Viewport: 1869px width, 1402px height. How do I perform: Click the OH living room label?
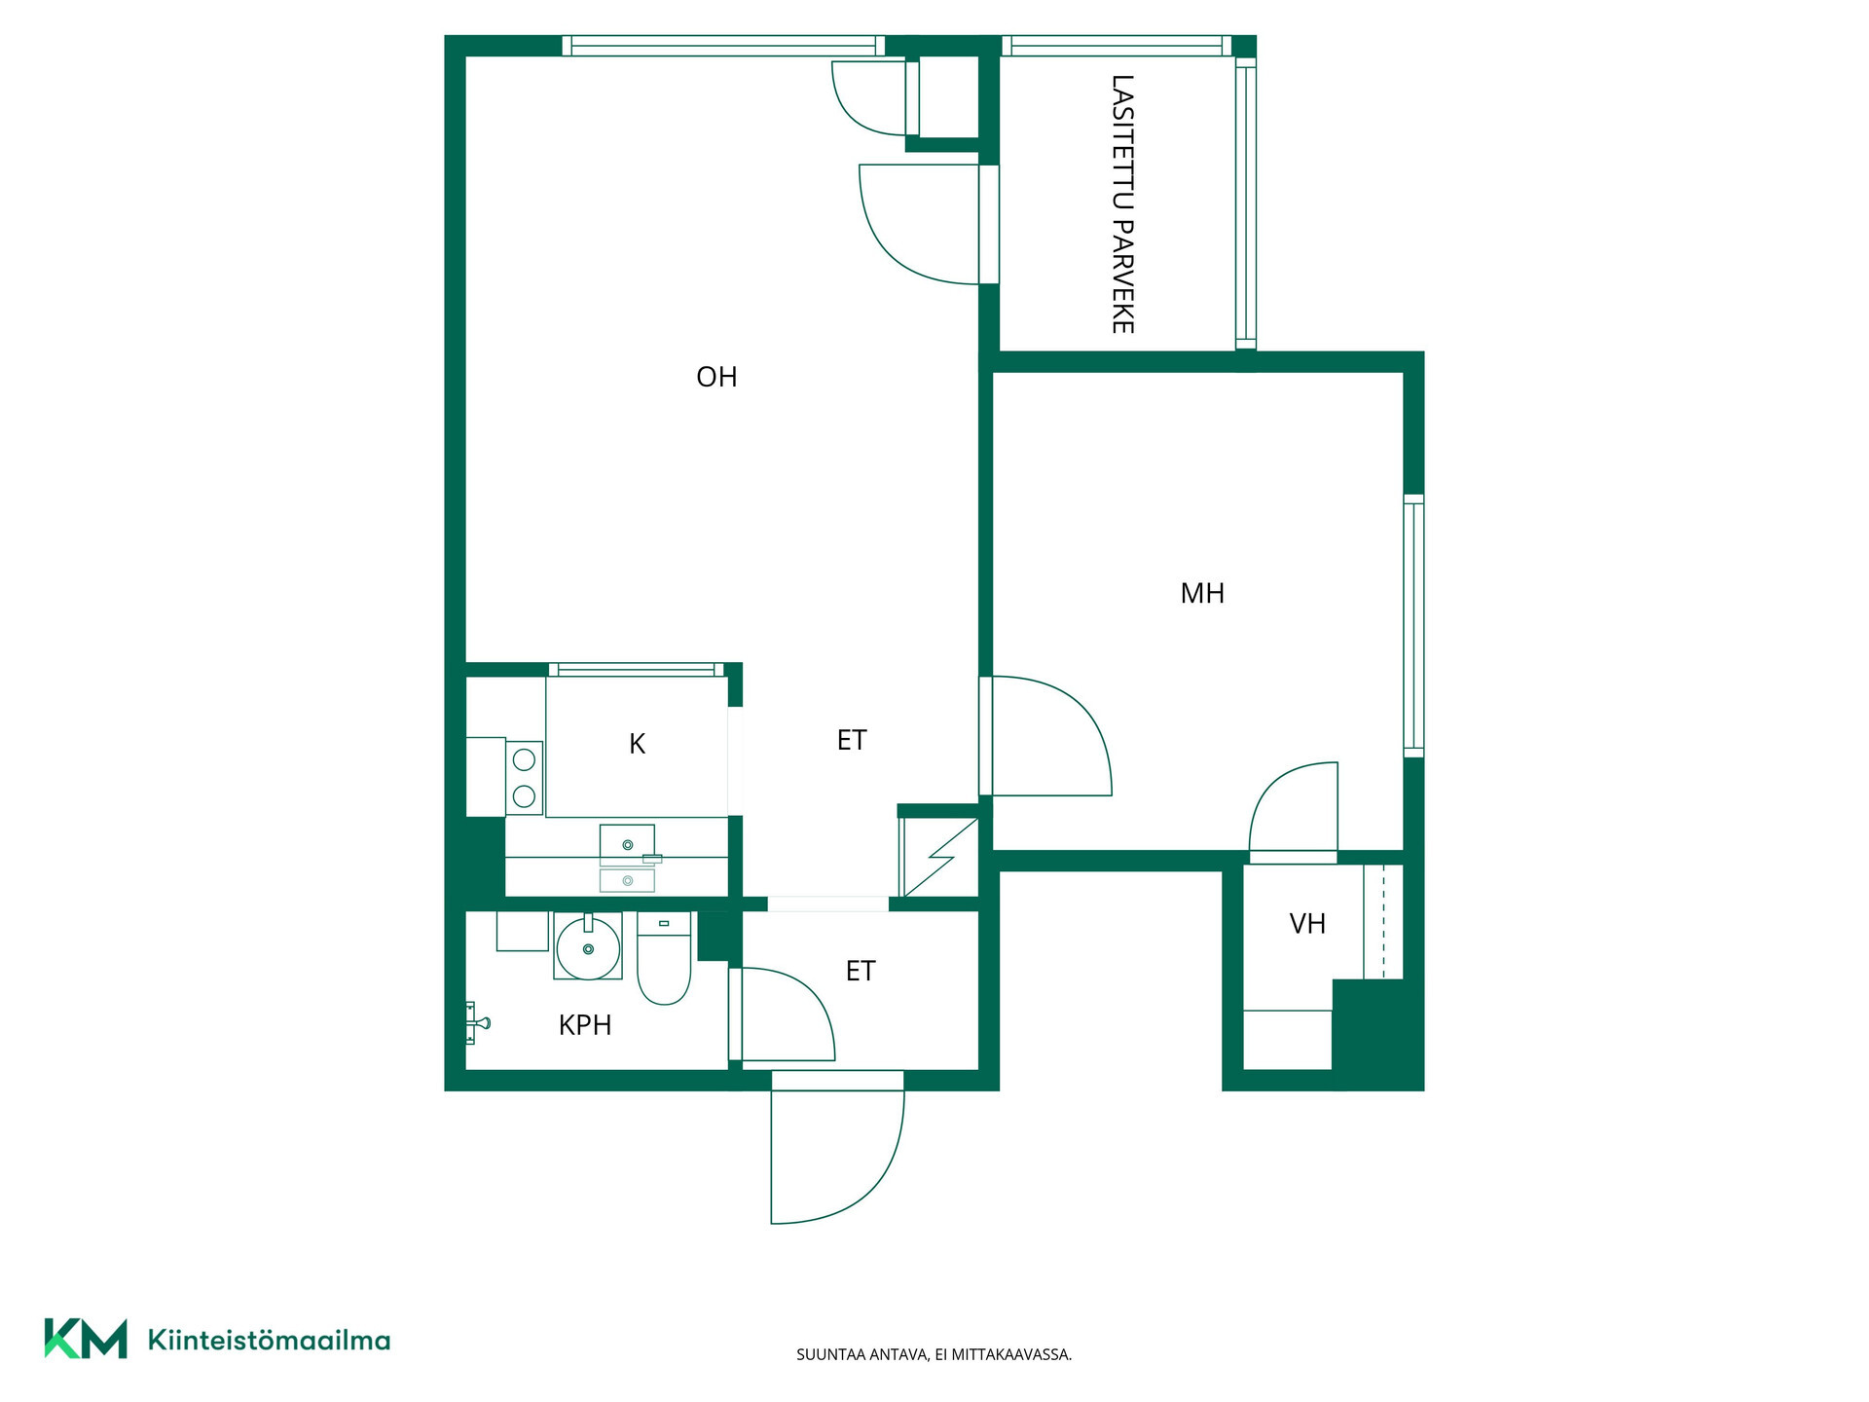716,377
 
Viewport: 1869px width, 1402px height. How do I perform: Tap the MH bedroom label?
1202,593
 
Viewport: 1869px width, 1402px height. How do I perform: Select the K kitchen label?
638,744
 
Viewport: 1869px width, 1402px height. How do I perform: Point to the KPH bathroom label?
585,1024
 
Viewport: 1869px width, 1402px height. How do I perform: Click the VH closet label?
1307,923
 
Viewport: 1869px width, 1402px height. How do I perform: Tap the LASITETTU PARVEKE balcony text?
1122,204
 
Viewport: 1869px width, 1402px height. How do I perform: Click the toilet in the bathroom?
664,958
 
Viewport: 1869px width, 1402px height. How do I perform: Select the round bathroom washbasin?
588,946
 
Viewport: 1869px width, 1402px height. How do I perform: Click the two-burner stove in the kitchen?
524,778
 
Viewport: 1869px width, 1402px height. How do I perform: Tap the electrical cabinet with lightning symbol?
939,857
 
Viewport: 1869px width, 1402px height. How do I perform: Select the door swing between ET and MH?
1049,736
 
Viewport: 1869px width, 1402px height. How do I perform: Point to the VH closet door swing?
1294,812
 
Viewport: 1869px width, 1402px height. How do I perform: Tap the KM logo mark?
86,1339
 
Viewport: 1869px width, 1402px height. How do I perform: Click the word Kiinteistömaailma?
269,1341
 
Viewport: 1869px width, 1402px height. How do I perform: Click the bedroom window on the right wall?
1413,625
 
